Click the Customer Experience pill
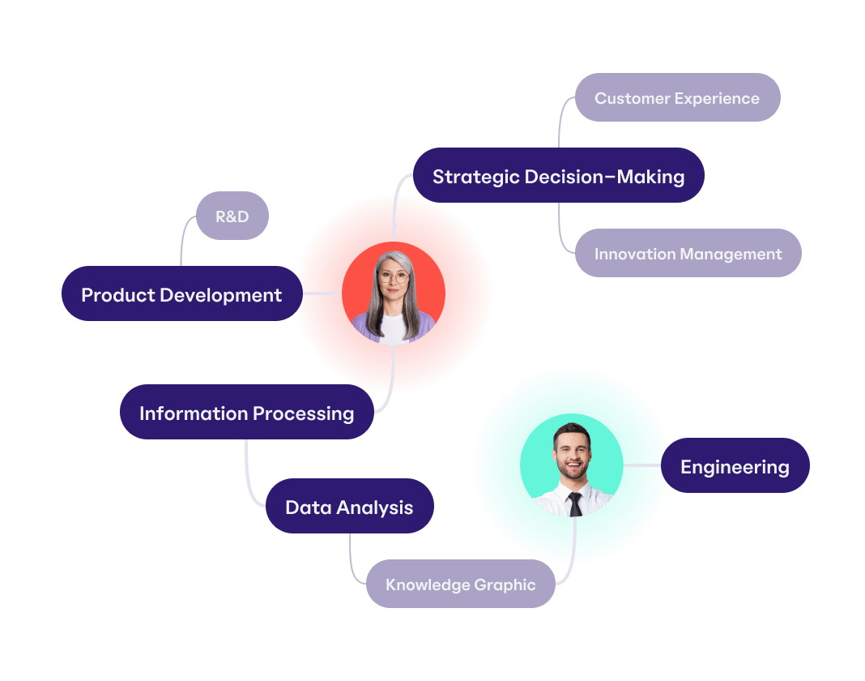[x=677, y=98]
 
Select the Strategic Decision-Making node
[x=558, y=176]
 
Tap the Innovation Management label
[x=688, y=254]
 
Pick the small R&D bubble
[x=232, y=216]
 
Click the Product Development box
[x=181, y=294]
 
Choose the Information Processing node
[x=246, y=413]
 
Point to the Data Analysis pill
[x=349, y=507]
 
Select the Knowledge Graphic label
[x=460, y=584]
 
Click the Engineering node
[x=735, y=466]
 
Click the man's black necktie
[x=575, y=503]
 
